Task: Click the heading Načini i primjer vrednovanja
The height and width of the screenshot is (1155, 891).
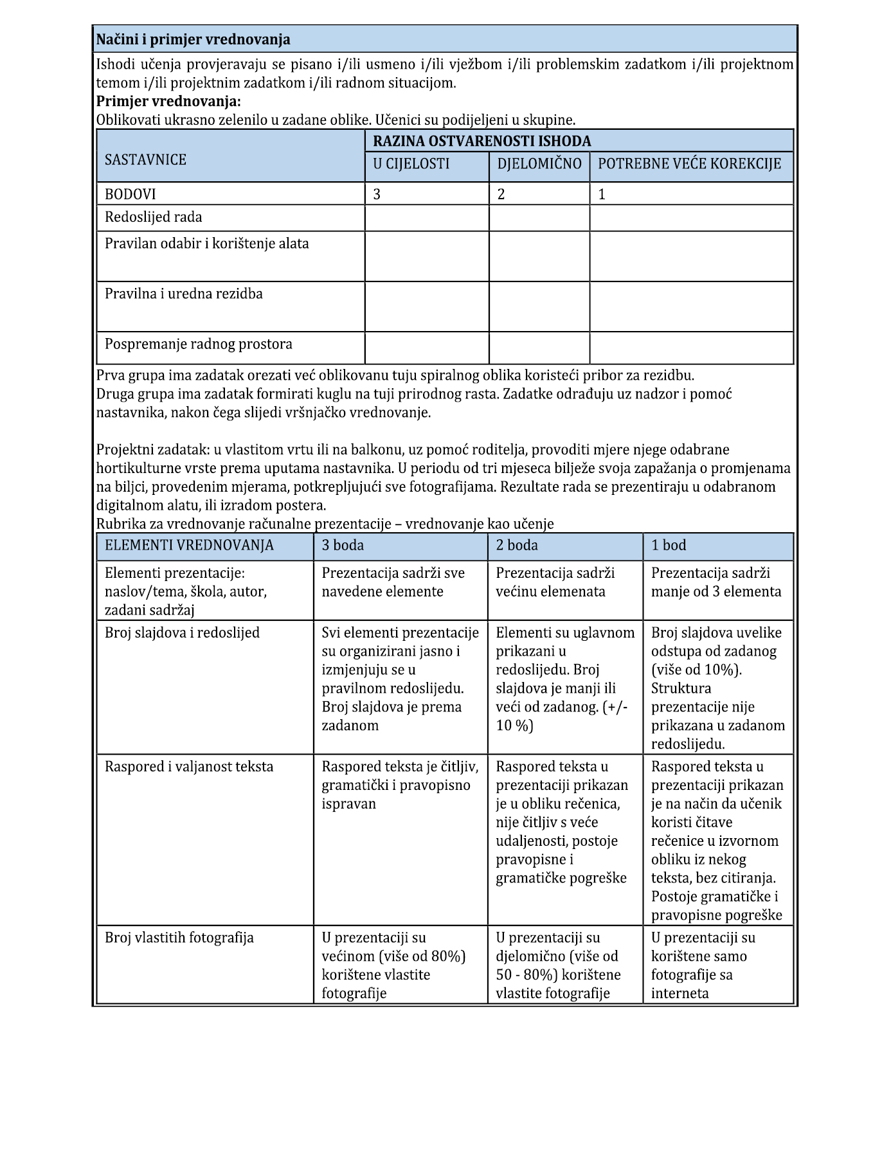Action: coord(193,40)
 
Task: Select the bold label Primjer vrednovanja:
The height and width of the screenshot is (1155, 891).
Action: coord(168,102)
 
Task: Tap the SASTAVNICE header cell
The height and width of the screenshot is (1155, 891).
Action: coord(145,159)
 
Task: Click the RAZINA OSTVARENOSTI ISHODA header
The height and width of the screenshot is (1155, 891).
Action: coord(482,141)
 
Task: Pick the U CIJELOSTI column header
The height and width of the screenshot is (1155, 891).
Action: coord(411,164)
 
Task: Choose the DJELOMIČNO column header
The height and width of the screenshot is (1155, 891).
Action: coord(539,164)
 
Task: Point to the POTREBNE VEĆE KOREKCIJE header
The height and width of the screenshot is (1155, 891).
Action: coord(689,164)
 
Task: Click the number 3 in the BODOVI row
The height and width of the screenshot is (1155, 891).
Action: coord(377,194)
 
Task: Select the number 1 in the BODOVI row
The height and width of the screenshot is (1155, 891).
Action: coord(602,194)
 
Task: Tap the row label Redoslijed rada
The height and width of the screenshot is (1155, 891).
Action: coord(154,217)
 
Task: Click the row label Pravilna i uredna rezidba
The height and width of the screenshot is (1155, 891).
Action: coord(184,294)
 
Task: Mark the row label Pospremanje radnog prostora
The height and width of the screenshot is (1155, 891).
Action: coord(199,344)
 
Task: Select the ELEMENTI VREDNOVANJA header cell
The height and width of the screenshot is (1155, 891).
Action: coord(189,546)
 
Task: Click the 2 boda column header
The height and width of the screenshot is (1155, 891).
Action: coord(517,546)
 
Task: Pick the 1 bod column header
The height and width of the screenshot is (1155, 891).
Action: coord(669,546)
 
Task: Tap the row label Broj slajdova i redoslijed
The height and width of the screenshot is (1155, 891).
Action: coord(182,632)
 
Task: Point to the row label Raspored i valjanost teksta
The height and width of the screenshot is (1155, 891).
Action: coord(189,766)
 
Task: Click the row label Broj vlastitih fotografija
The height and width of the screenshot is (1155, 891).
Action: coord(179,937)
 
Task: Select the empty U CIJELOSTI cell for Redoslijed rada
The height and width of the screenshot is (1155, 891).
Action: coord(427,218)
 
